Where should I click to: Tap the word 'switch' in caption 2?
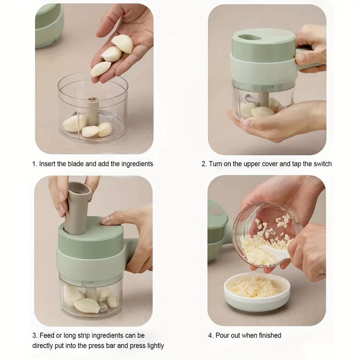[323, 164]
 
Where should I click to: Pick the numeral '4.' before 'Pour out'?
[211, 336]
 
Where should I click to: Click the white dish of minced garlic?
[257, 292]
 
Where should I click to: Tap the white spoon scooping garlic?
[274, 252]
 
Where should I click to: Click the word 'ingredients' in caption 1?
[137, 164]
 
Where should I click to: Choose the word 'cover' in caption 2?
[270, 164]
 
